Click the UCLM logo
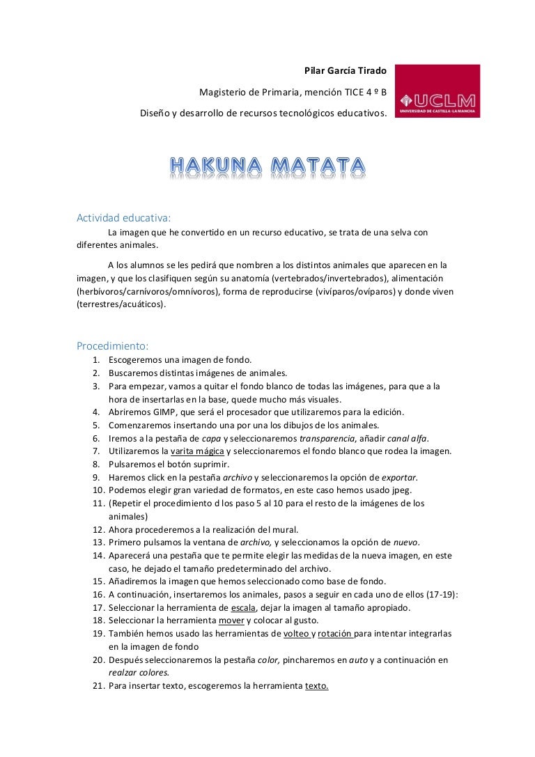point(437,91)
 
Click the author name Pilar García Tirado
point(346,71)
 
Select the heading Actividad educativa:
point(118,217)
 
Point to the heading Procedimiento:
point(112,345)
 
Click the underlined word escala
point(245,607)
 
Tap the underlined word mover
point(231,621)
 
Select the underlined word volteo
point(297,634)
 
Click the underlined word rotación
point(336,634)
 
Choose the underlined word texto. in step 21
point(317,686)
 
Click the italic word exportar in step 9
point(399,477)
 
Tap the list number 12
point(98,529)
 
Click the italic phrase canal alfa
point(407,438)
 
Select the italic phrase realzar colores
point(139,673)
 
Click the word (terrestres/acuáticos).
point(122,304)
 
